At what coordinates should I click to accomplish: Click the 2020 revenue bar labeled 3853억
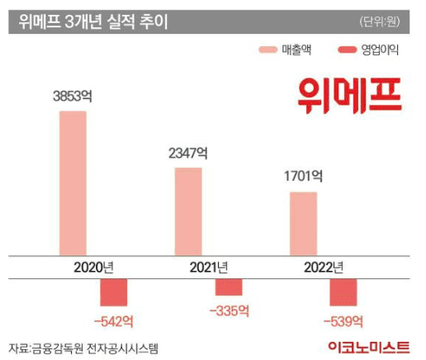click(x=73, y=182)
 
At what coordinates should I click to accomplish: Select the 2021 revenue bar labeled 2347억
click(x=188, y=211)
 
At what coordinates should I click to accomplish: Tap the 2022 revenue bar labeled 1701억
click(x=302, y=224)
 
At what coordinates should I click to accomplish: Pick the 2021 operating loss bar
click(x=229, y=287)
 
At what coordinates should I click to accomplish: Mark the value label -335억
click(x=229, y=310)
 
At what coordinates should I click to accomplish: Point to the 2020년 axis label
click(x=93, y=267)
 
